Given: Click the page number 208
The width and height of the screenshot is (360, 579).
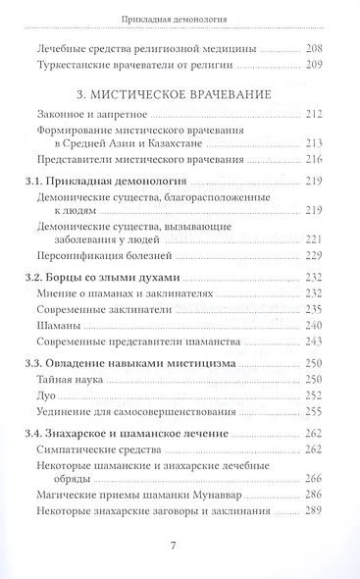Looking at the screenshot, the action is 313,47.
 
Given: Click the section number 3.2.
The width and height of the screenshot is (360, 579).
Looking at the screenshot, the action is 43,277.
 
